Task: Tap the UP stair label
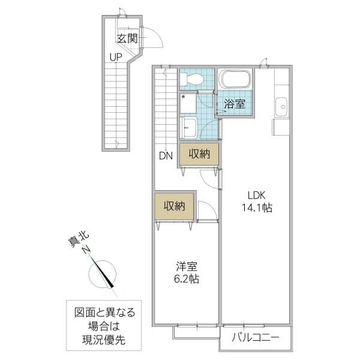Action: tap(116, 57)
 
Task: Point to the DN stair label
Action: tap(166, 156)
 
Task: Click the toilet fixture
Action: tap(193, 79)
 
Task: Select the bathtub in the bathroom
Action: tap(235, 79)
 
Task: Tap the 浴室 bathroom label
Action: tap(235, 104)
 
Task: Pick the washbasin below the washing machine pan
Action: tap(188, 128)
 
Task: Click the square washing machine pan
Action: tap(187, 103)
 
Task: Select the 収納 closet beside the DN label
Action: tap(199, 154)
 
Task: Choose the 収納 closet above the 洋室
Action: tap(174, 206)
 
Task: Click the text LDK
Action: tap(258, 195)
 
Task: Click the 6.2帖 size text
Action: tap(187, 279)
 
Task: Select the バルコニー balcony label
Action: tap(256, 338)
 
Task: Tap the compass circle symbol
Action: tap(102, 273)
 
